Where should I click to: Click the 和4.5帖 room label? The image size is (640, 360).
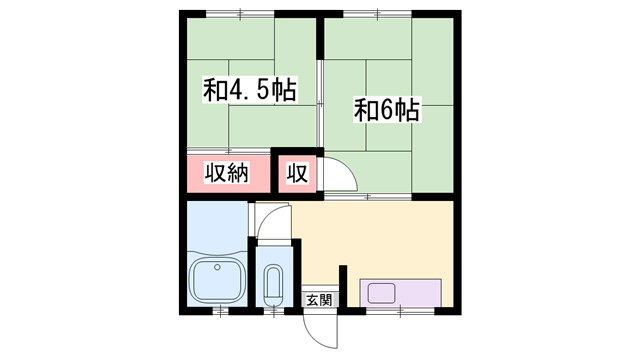tap(248, 91)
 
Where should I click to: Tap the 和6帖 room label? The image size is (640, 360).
tap(386, 109)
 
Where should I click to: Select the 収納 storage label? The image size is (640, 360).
tap(226, 173)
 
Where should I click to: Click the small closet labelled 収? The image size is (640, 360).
tap(297, 173)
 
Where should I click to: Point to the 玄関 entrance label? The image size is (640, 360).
tap(319, 299)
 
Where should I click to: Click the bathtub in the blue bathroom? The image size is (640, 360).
tap(216, 280)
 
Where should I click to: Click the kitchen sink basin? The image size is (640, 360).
tap(381, 293)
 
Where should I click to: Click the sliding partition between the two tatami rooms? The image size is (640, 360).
tap(319, 100)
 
